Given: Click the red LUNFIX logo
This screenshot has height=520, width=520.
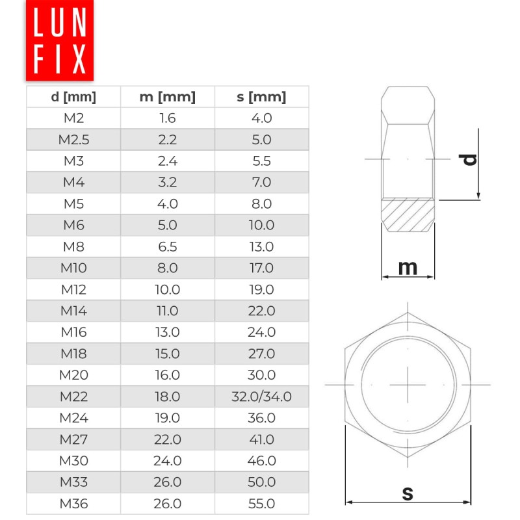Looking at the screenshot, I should coord(60,40).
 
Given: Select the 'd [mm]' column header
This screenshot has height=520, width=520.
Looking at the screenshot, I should coord(73,97).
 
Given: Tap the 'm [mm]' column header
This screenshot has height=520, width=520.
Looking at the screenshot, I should coord(167,97).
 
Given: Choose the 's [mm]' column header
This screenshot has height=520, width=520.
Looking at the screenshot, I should coord(261,97).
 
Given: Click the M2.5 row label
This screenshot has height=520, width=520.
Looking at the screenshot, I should coord(73,140).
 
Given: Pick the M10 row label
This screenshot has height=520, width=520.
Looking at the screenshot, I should coord(73,268).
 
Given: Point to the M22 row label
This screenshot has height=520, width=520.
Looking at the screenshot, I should coord(73,396).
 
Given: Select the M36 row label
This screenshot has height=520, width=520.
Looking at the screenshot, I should coord(73,504).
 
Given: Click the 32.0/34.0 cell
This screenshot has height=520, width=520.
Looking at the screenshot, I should coord(261,396).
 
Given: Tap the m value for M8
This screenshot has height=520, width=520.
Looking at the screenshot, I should coord(167,246).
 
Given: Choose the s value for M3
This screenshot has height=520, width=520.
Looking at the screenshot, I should coord(261,161).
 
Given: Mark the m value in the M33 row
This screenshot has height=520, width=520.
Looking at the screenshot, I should coord(167,482).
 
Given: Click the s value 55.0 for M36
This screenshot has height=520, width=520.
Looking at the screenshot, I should coord(261,504).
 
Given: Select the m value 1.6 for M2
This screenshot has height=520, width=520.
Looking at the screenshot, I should coord(167,118).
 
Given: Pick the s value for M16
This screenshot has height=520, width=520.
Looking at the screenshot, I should coord(261,332).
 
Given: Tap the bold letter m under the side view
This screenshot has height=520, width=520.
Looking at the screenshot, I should coord(408,267).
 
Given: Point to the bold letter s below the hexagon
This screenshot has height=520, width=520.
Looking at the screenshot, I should coord(408,493).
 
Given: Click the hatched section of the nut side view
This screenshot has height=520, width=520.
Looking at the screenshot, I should coord(408,214).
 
